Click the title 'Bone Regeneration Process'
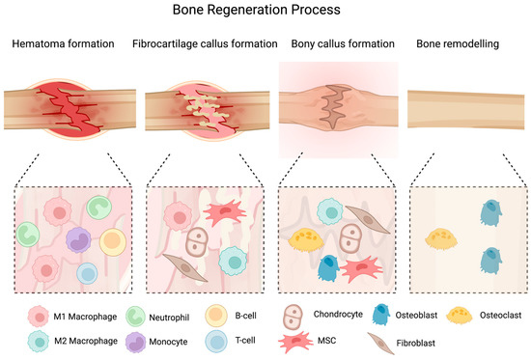click(x=265, y=13)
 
